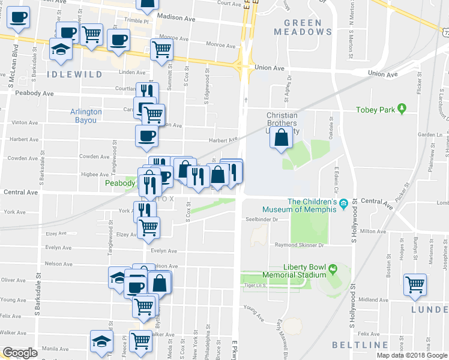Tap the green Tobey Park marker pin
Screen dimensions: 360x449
(403, 109)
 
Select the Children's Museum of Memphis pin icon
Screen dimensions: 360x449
(343, 205)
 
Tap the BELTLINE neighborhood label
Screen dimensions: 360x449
(360, 345)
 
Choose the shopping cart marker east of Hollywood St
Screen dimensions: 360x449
(415, 285)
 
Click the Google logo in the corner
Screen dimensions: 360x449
(20, 353)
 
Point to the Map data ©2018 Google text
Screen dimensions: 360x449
(412, 355)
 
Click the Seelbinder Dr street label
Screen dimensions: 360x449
(262, 220)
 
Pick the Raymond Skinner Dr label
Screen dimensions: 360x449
(299, 245)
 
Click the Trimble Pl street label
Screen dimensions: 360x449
(136, 19)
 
